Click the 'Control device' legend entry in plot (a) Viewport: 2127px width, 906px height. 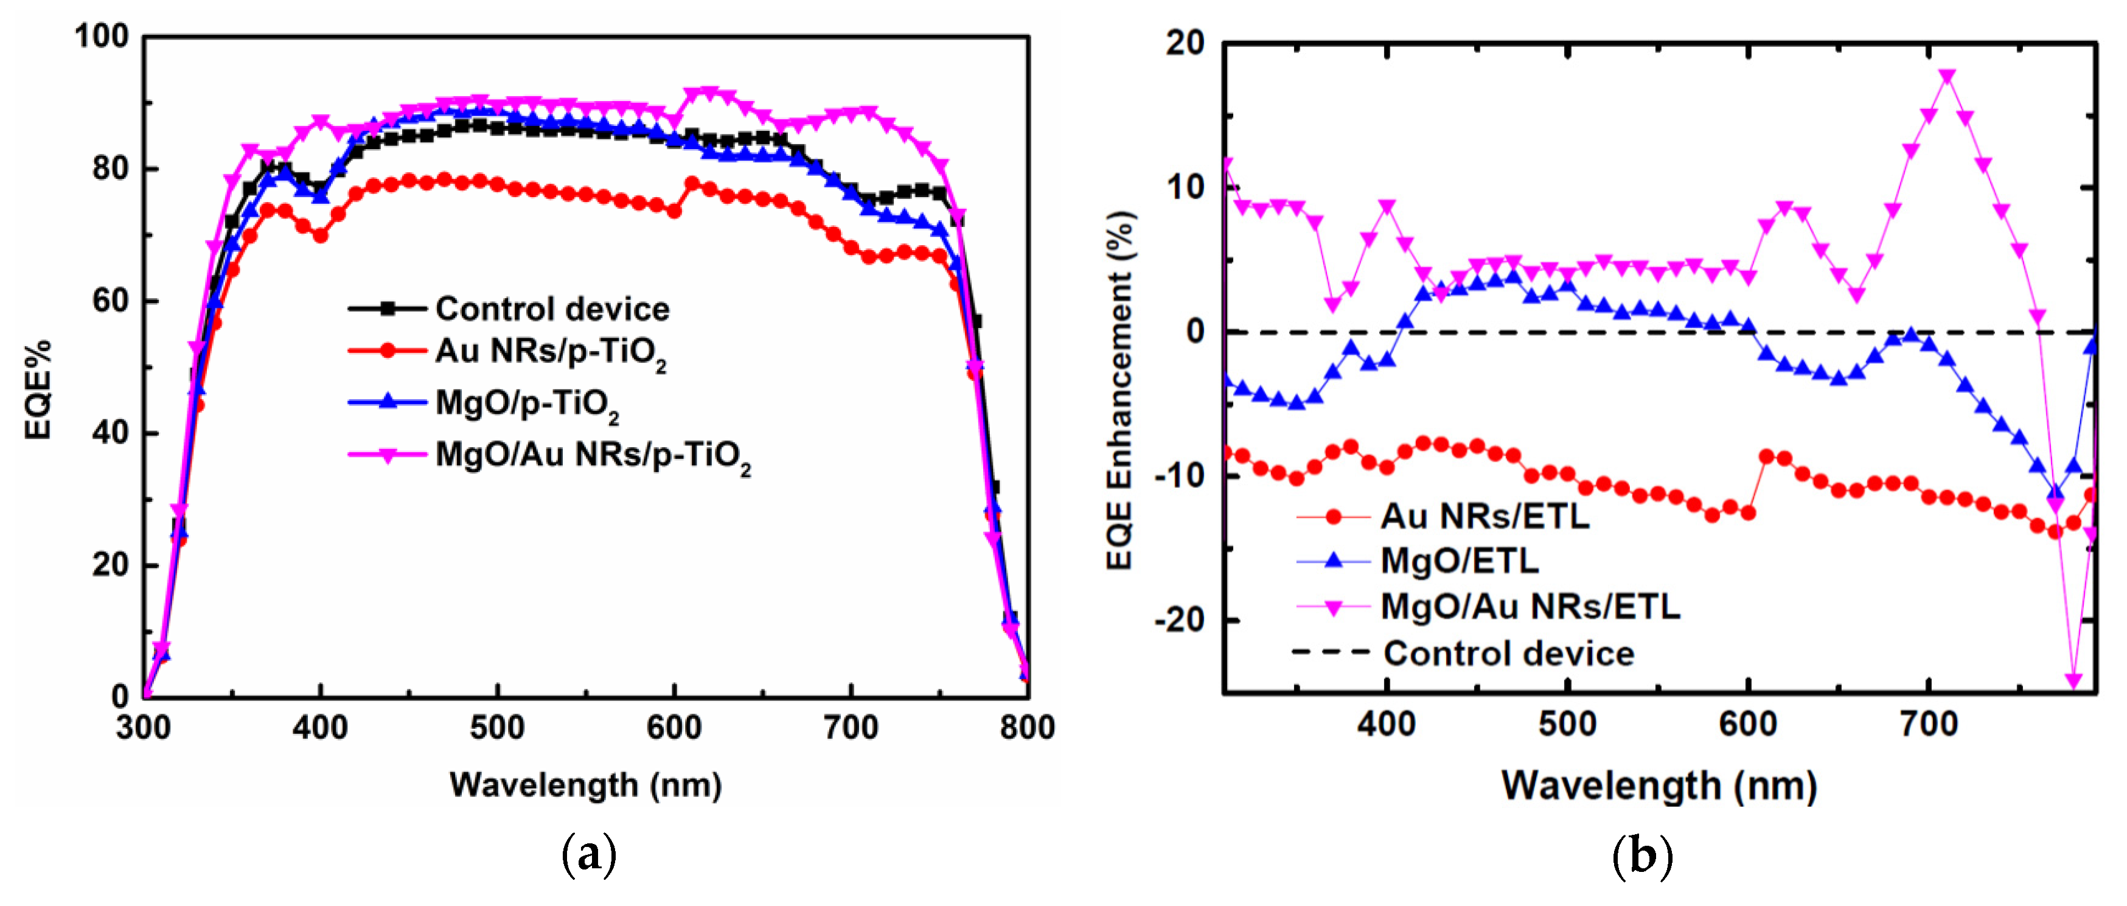coord(552,309)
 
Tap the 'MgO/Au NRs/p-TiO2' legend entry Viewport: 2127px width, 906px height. coord(592,455)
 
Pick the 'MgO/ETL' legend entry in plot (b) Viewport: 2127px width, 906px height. coord(1459,562)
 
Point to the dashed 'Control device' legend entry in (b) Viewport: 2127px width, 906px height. coord(1508,653)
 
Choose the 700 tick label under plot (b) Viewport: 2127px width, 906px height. coord(1928,724)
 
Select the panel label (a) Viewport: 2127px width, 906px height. coord(589,855)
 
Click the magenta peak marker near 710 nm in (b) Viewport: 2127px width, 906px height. coord(1947,77)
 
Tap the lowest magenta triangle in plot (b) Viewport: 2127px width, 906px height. coord(2073,680)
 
